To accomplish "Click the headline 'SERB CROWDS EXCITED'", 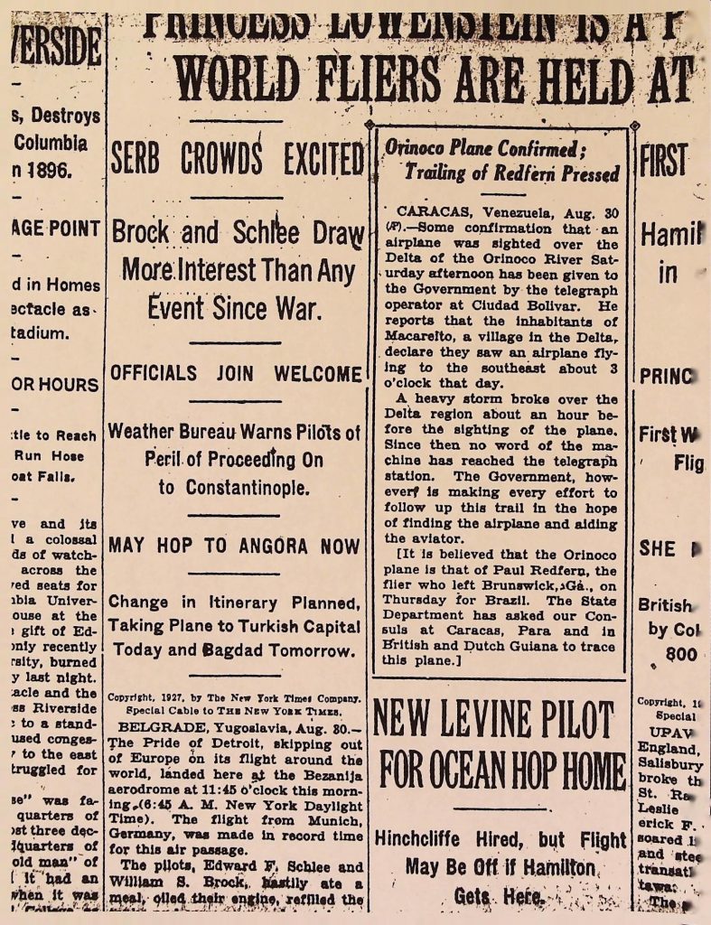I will pos(237,160).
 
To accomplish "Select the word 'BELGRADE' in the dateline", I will pos(156,726).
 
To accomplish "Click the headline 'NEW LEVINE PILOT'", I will pos(492,719).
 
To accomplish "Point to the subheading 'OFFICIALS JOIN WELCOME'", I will pos(236,373).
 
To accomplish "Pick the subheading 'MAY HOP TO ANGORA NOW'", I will pos(234,546).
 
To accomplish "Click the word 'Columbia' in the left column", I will pos(51,142).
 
